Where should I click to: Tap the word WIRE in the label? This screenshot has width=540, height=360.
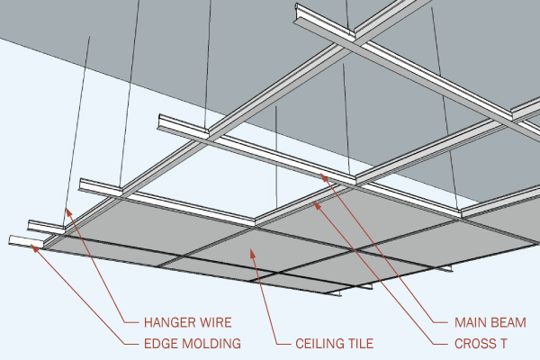[x=217, y=321]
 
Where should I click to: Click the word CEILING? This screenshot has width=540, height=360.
[x=321, y=343]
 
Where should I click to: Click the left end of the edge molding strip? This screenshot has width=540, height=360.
[x=12, y=240]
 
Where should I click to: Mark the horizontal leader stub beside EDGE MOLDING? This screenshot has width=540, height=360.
[x=131, y=343]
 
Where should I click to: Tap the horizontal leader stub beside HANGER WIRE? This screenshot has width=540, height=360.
[x=131, y=321]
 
